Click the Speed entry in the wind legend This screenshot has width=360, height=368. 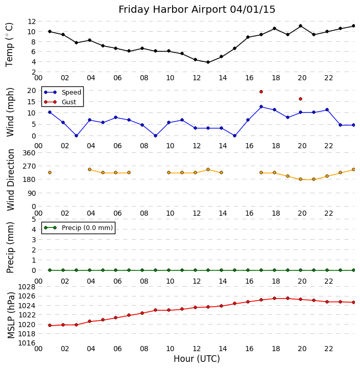click(71, 93)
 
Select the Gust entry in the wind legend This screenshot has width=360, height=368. click(68, 102)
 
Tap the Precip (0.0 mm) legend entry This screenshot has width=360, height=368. click(85, 228)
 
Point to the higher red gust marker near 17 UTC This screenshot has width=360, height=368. click(261, 91)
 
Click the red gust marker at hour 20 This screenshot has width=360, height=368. click(300, 99)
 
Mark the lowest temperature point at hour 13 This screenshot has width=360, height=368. click(208, 62)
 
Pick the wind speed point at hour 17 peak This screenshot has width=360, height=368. click(261, 107)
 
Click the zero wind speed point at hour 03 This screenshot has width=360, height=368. click(76, 135)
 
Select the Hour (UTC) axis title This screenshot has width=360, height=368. click(197, 359)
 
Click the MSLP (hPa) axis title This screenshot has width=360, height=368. click(11, 314)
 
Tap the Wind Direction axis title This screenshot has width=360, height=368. click(11, 179)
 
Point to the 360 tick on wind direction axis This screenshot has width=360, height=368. click(29, 153)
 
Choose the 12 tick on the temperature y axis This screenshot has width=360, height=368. click(31, 21)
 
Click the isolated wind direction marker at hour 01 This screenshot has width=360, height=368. click(50, 172)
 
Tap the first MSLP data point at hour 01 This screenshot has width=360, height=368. click(50, 326)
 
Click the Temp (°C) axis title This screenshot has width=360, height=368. click(10, 44)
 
